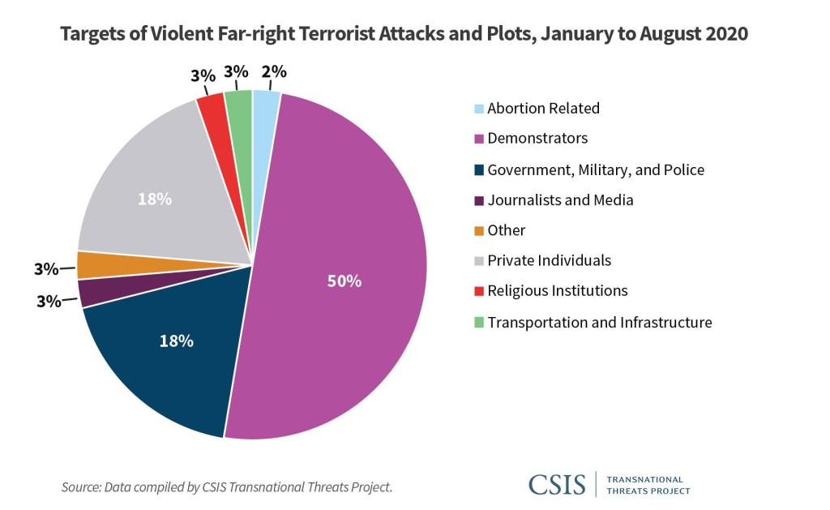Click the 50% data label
344,281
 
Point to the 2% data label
274,71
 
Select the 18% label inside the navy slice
177,341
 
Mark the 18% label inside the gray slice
155,199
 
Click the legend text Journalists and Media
560,199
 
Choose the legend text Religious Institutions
557,290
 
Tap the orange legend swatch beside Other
479,231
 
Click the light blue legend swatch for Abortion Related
479,109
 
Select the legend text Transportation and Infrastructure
599,322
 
